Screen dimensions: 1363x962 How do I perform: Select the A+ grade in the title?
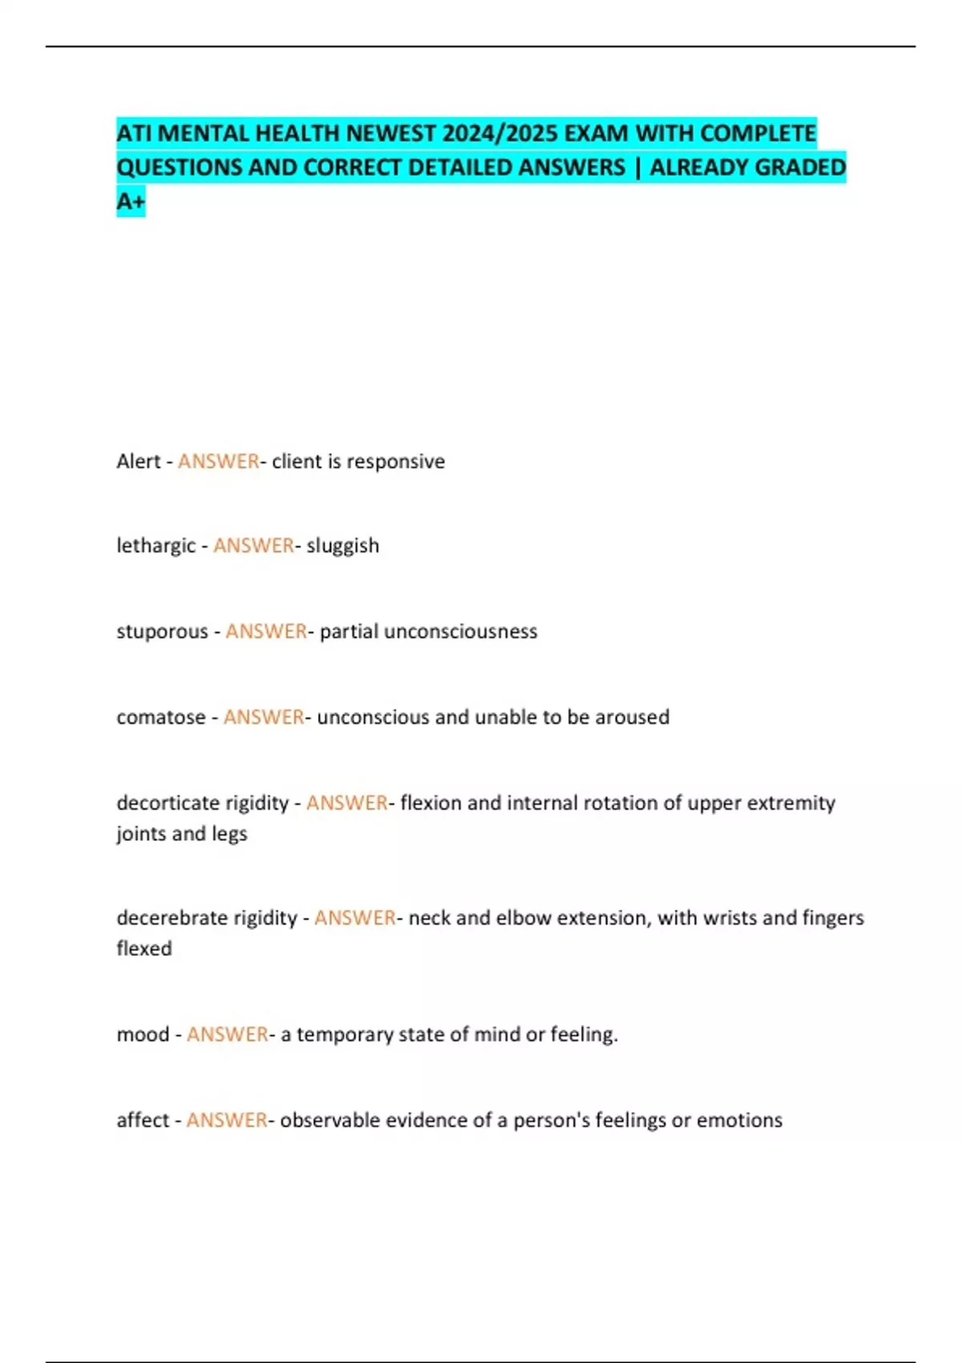[x=131, y=201]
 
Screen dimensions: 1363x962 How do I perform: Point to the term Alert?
[x=139, y=462]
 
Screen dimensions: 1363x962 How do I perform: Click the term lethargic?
[x=156, y=546]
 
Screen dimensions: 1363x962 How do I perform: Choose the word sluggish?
[x=343, y=546]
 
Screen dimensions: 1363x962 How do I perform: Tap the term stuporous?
[x=162, y=632]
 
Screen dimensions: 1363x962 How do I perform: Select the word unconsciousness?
[x=461, y=632]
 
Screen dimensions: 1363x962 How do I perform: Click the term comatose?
[x=161, y=718]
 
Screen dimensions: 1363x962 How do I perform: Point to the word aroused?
[x=633, y=718]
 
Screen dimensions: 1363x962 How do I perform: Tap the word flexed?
[x=144, y=949]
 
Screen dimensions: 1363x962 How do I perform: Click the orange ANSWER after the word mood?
[x=228, y=1035]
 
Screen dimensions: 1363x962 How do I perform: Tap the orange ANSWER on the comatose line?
[x=264, y=718]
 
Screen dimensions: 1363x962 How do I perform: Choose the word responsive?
[x=395, y=462]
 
